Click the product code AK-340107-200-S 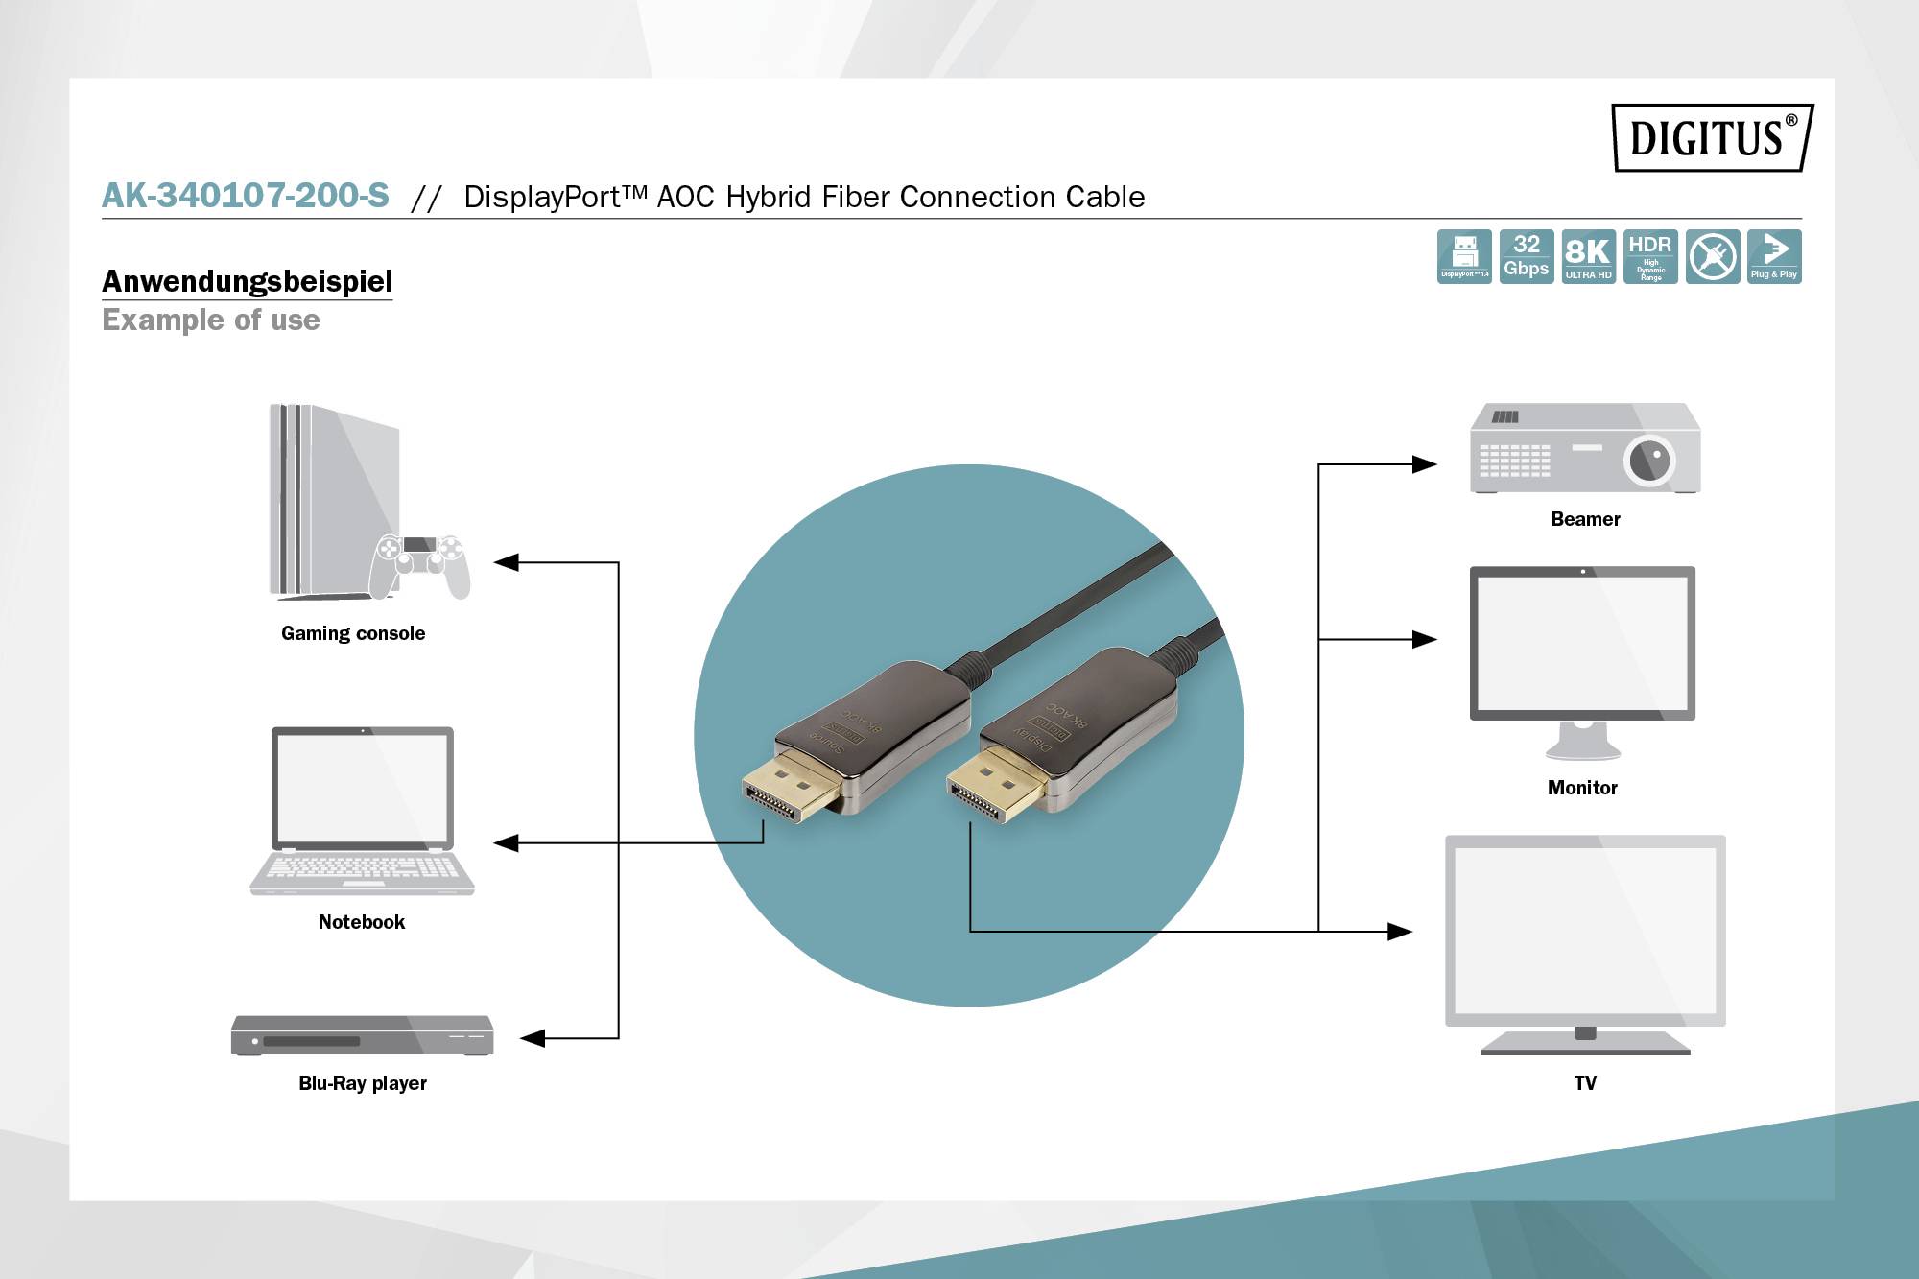click(x=246, y=196)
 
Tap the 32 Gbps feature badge click(x=1526, y=256)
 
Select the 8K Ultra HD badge click(x=1588, y=256)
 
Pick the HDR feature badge click(x=1650, y=256)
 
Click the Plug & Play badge click(x=1774, y=256)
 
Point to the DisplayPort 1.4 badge click(x=1464, y=256)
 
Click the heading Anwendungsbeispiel click(x=248, y=281)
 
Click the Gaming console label click(x=353, y=633)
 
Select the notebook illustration click(x=362, y=811)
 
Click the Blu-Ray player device click(x=362, y=1036)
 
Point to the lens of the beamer click(x=1649, y=461)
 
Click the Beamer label click(x=1585, y=519)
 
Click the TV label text click(x=1585, y=1083)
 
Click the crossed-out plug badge click(x=1713, y=256)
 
